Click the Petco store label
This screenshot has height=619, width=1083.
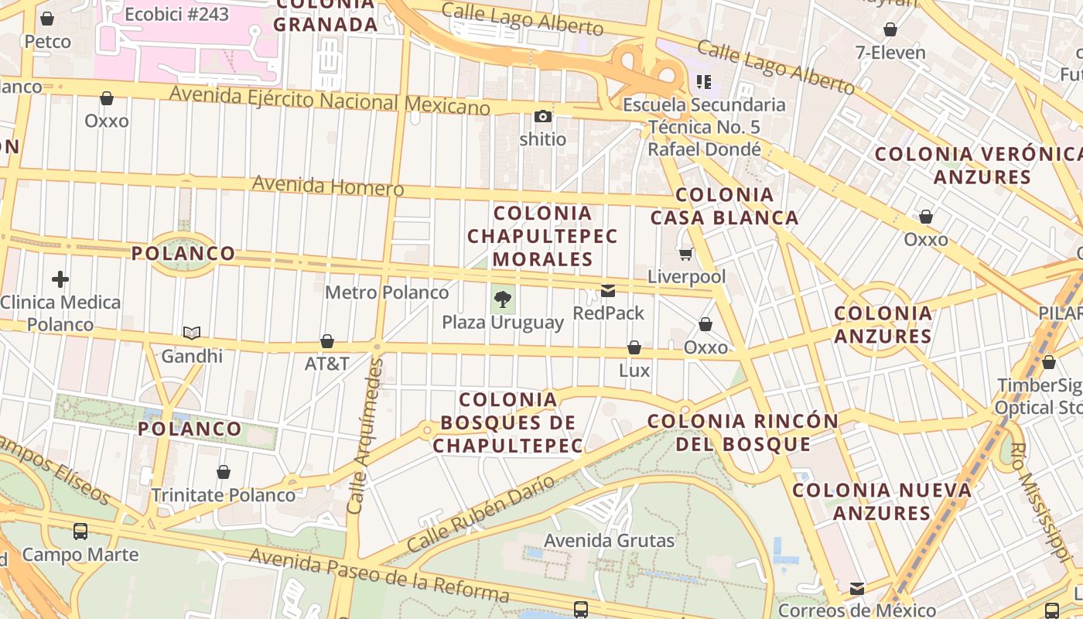[47, 41]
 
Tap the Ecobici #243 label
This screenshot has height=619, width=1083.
[176, 14]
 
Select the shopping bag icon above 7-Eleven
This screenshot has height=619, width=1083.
[890, 29]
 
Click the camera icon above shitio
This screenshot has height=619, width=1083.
[543, 117]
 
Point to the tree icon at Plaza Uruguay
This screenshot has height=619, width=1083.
[503, 299]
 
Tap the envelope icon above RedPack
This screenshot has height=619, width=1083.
[608, 291]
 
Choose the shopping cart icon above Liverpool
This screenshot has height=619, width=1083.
[685, 254]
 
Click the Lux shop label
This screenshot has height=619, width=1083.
[634, 371]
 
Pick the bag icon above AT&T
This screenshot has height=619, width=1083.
[327, 341]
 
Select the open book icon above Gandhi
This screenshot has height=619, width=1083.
[192, 333]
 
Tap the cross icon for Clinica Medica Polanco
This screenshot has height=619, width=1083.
[60, 279]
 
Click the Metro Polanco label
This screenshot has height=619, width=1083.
[387, 292]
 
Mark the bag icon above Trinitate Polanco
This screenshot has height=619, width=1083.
[224, 472]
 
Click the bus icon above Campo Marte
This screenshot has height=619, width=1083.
[80, 532]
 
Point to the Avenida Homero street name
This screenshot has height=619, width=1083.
[328, 186]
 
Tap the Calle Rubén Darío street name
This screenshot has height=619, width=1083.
[480, 513]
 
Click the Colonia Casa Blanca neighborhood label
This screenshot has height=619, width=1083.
[724, 206]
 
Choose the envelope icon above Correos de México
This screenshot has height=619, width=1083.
[857, 589]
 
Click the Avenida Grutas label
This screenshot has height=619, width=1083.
[610, 540]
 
